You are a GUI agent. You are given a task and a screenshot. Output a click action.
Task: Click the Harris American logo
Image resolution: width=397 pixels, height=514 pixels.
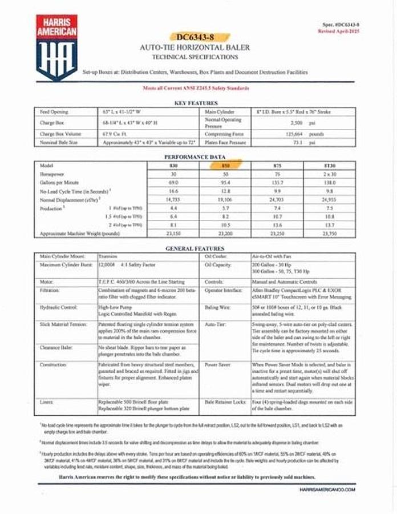click(56, 48)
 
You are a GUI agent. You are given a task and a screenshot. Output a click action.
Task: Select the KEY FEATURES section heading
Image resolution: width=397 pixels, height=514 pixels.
click(197, 103)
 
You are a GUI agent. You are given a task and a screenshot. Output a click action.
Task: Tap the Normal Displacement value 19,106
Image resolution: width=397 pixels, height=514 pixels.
click(226, 200)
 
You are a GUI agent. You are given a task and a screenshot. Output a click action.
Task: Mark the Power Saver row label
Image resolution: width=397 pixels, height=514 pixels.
click(218, 364)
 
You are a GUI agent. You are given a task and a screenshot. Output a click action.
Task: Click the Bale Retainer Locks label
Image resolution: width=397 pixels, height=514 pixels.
click(225, 402)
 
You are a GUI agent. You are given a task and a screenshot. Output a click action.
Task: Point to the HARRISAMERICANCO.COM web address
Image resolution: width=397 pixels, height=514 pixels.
click(327, 489)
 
